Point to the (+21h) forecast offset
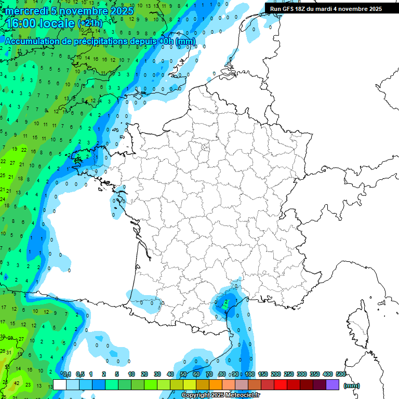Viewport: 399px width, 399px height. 90,23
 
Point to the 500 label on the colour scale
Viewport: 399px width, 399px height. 341,374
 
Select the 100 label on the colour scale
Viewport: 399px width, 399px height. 250,374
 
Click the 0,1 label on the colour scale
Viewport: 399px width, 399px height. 67,374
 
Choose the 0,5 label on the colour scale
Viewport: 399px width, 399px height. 80,374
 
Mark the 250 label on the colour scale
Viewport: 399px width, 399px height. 289,374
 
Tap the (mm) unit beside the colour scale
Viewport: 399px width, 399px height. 352,385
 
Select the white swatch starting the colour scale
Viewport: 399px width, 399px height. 60,384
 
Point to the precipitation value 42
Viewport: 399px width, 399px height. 17,383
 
